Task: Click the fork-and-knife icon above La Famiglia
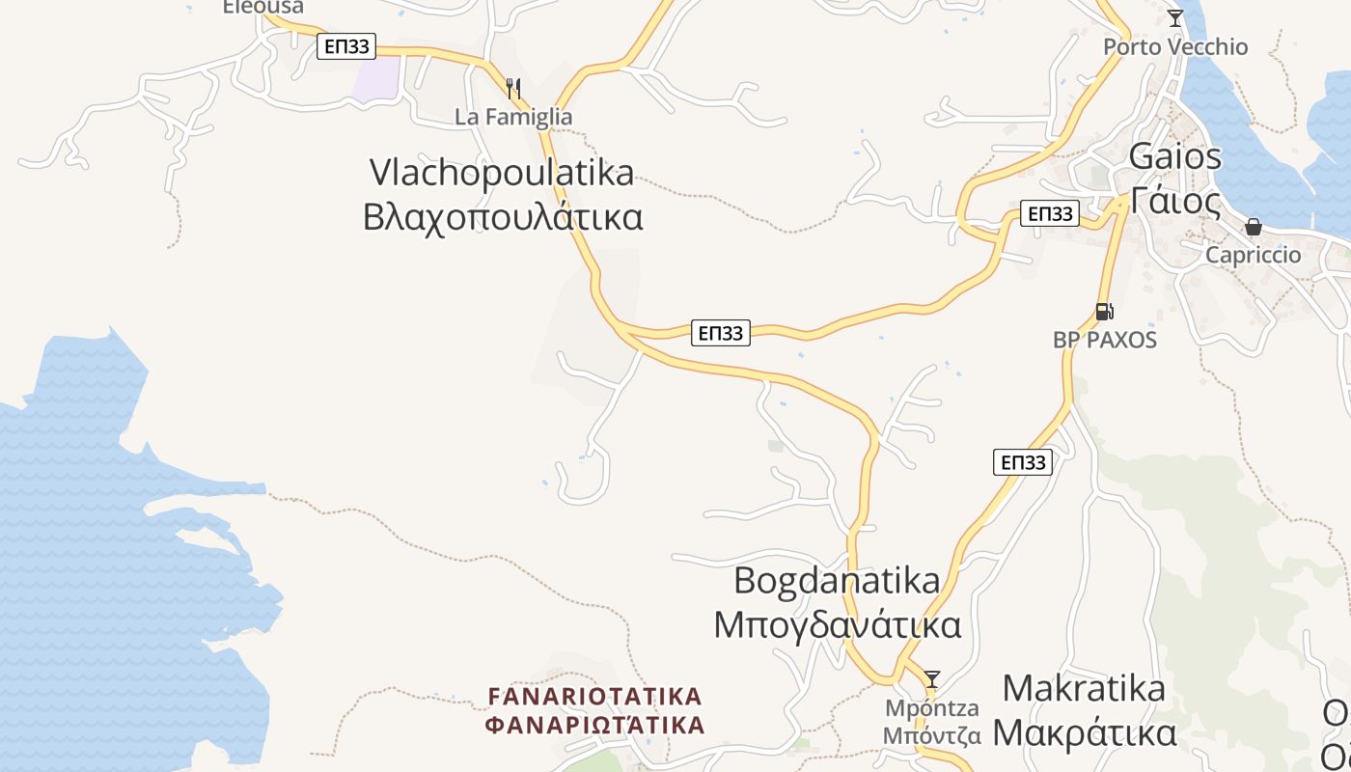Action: (513, 89)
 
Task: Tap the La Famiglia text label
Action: (513, 117)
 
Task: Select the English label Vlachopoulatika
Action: (502, 173)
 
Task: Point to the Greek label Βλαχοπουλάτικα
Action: (503, 217)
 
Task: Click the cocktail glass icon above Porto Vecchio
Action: (1174, 18)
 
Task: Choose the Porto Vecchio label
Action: (1175, 46)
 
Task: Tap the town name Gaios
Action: (1174, 155)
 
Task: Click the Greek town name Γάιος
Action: (1175, 201)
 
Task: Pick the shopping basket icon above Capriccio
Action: (1253, 228)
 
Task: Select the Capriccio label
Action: (1254, 255)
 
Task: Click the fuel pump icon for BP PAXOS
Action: (1104, 311)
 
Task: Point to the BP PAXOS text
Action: (1104, 340)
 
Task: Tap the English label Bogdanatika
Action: (837, 581)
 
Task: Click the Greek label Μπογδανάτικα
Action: (837, 625)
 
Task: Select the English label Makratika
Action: (1084, 688)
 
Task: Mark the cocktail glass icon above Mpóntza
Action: (932, 678)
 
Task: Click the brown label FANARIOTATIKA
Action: (595, 696)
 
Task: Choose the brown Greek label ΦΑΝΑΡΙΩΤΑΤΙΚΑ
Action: (595, 725)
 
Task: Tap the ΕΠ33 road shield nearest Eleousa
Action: (346, 45)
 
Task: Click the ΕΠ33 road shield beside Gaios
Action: (1049, 213)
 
